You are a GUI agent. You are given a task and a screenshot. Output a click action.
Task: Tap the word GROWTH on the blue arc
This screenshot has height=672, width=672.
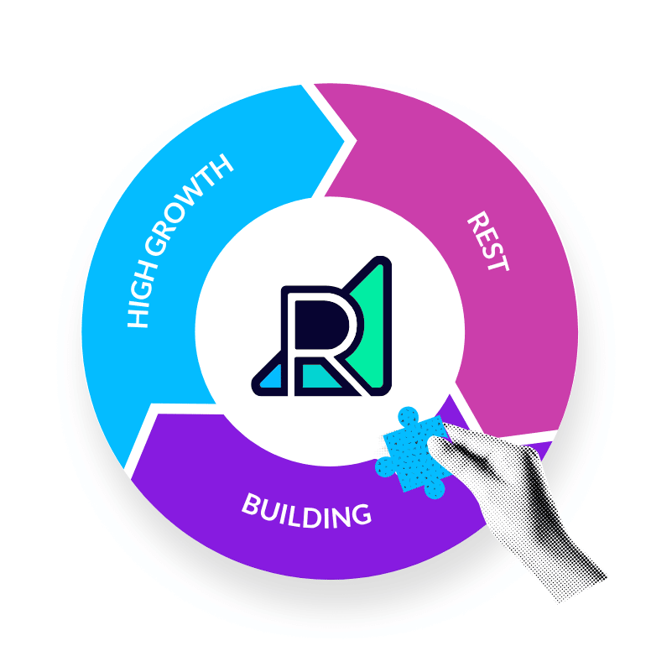[189, 205]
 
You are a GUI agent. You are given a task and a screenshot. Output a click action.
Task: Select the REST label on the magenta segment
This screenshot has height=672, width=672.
[488, 242]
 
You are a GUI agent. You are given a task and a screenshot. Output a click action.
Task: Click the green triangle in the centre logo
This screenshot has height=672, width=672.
[371, 326]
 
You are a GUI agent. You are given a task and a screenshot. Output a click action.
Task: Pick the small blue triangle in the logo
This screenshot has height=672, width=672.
[271, 377]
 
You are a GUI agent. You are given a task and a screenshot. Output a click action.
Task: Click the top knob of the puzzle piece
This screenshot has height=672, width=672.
[408, 416]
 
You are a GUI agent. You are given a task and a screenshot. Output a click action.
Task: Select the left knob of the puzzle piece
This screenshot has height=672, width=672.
[385, 467]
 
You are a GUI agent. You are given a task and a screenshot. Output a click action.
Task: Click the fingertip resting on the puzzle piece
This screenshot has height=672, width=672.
[436, 445]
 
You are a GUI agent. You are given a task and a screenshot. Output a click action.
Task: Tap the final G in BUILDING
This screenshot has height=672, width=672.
[361, 515]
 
